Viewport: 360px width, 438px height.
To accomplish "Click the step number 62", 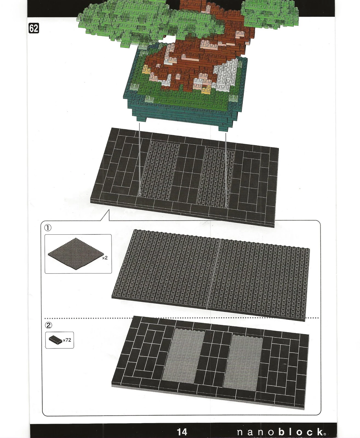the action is [x=34, y=28].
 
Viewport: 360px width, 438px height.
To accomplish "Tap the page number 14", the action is [x=182, y=431].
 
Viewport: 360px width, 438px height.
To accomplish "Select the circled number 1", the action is [x=48, y=227].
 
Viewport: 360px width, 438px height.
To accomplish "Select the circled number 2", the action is [x=49, y=325].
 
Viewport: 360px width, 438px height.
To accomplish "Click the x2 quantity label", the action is [x=105, y=258].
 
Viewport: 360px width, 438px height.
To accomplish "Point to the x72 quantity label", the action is [x=67, y=340].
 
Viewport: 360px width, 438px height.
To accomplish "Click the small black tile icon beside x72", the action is [x=56, y=340].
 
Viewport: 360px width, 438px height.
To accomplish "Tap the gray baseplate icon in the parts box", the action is [x=76, y=254].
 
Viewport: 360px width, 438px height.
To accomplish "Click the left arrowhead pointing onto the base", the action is [x=140, y=195].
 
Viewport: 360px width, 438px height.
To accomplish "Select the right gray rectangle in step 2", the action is [x=243, y=363].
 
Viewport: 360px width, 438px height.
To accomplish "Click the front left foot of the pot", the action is [x=141, y=119].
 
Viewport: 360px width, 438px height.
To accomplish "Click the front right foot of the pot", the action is [x=223, y=128].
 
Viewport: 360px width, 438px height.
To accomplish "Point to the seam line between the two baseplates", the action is [x=213, y=274].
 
